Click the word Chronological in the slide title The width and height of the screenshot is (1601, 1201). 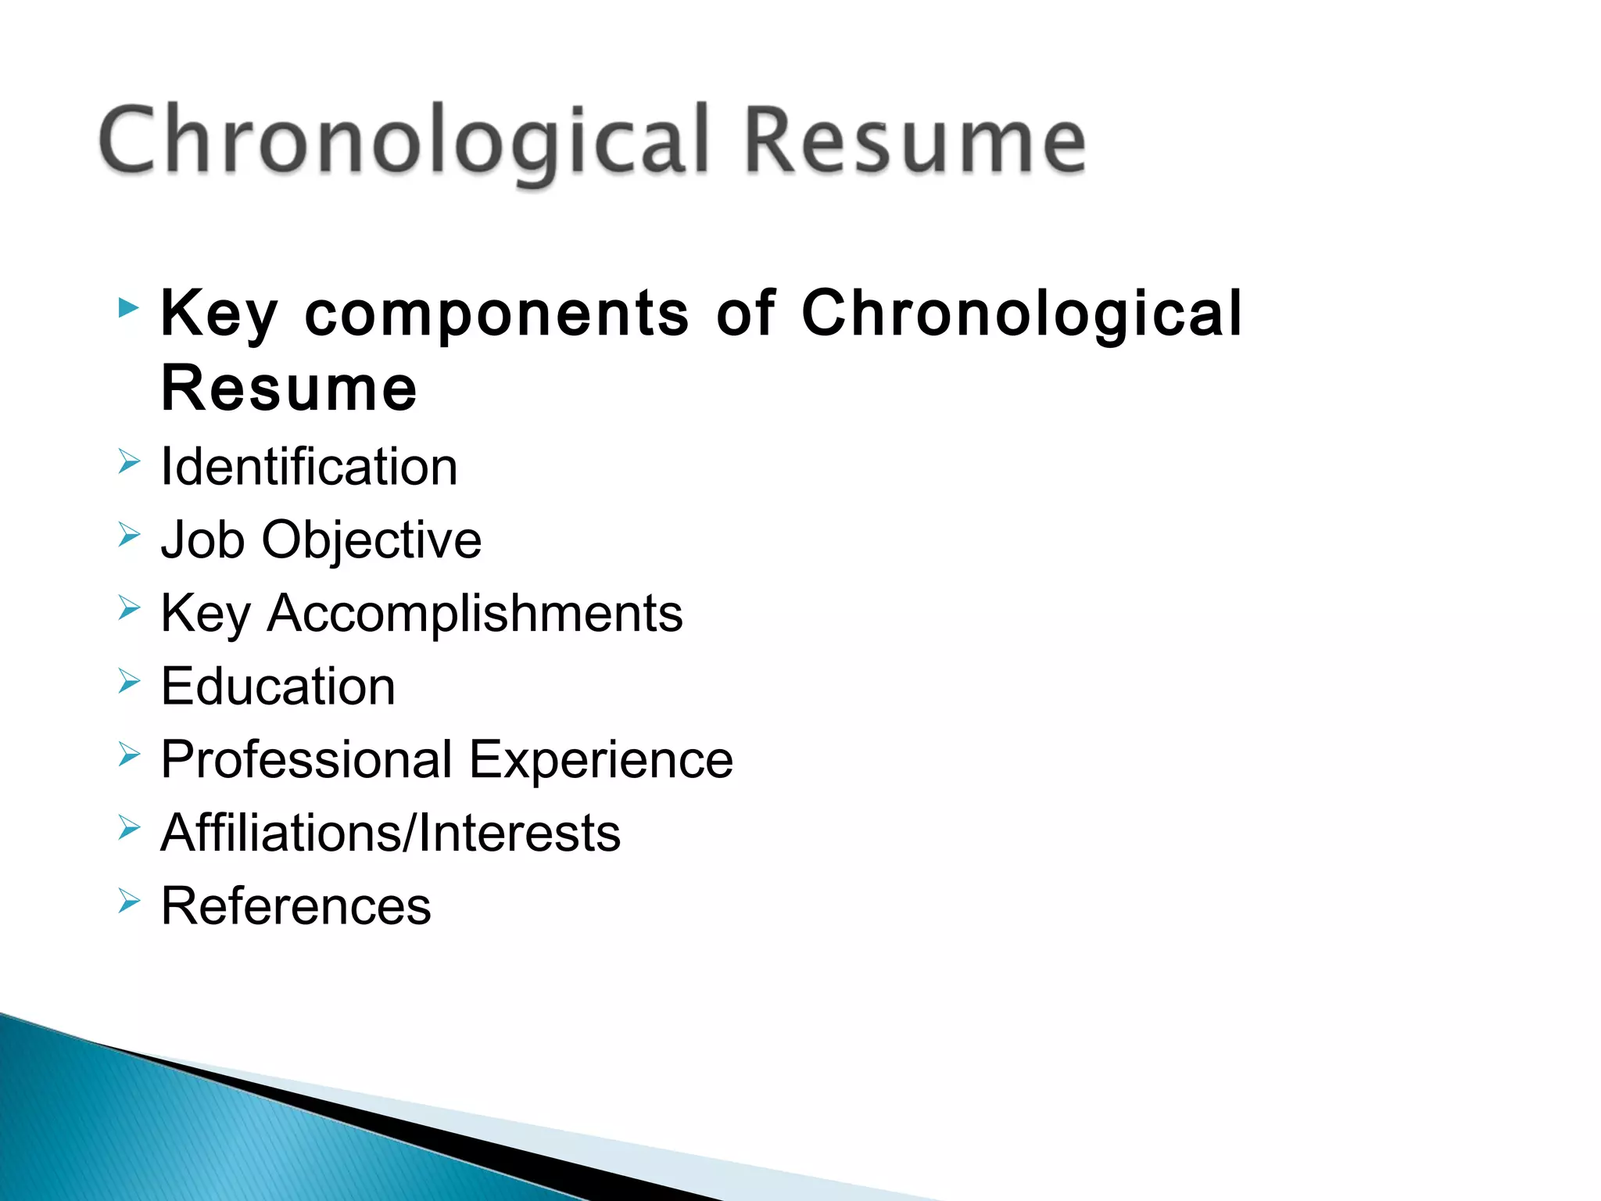coord(403,141)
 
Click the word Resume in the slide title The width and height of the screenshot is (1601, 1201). coord(915,141)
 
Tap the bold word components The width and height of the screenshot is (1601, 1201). coord(496,314)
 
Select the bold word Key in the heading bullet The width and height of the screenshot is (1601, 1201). coord(219,314)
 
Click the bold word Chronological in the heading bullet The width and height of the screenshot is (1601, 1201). coord(1021,314)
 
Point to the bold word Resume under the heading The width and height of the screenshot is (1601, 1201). coord(288,389)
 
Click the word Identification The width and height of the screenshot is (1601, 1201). coord(309,467)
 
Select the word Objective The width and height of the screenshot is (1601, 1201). coord(371,540)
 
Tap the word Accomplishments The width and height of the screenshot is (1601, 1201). coord(475,613)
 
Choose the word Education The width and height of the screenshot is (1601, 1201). coord(278,687)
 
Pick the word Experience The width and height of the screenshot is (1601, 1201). coord(601,760)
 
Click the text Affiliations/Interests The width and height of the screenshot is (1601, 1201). coord(390,833)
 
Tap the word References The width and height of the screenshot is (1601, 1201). coord(295,906)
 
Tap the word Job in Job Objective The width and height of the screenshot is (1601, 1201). coord(202,540)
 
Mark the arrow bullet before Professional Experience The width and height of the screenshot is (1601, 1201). coord(129,755)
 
